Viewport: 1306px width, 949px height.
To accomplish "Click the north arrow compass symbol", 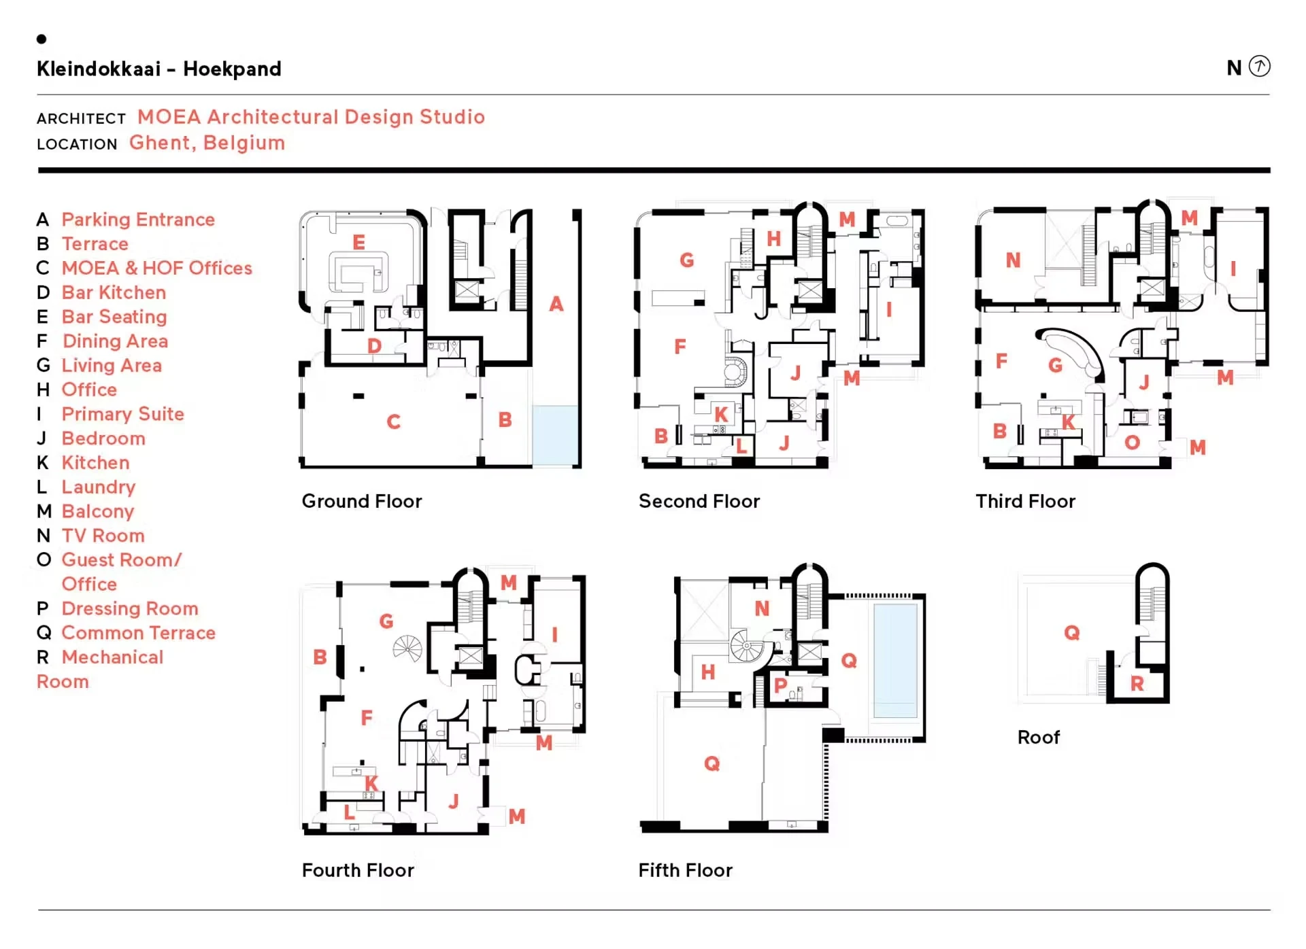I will [1259, 66].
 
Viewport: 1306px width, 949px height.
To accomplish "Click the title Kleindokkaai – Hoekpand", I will [158, 69].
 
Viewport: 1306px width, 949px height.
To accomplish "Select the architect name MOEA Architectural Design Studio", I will [311, 117].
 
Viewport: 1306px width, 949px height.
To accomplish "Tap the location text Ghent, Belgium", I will [207, 143].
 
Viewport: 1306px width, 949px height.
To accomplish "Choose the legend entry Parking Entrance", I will [138, 220].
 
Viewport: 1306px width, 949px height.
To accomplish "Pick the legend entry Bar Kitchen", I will [114, 292].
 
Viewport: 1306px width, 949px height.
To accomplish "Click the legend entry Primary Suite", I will [122, 414].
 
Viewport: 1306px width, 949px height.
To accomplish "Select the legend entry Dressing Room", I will [130, 608].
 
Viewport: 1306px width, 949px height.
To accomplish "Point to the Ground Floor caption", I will [362, 501].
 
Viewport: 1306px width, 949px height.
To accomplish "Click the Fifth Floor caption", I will [685, 870].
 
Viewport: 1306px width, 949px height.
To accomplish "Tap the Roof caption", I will [1038, 737].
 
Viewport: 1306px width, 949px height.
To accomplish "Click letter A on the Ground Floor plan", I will [556, 304].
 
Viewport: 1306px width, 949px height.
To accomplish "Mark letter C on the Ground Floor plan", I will [393, 422].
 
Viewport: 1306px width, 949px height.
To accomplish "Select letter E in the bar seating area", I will [358, 242].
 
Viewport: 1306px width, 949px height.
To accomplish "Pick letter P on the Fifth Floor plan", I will [780, 685].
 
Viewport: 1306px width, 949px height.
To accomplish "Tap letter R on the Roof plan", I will [1137, 684].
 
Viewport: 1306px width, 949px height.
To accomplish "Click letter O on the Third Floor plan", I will [1132, 443].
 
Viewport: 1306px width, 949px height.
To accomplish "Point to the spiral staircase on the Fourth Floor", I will [407, 649].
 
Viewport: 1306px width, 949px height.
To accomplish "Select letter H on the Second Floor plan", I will [773, 239].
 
